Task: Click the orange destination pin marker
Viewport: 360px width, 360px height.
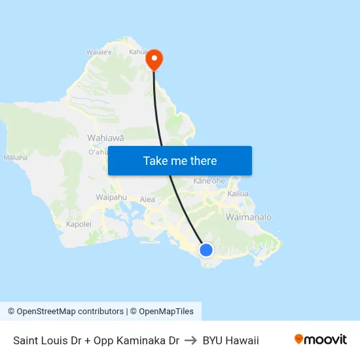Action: point(154,60)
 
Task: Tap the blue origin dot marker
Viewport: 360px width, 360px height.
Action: point(206,249)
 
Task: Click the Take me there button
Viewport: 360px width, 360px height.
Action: point(180,161)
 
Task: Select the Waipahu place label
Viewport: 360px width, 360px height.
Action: point(111,197)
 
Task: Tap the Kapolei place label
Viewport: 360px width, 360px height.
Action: point(79,224)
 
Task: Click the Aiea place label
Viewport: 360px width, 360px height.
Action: point(147,199)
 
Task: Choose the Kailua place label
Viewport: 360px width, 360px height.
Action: point(238,194)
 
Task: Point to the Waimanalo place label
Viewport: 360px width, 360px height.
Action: point(248,217)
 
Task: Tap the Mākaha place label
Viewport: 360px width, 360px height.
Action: point(15,158)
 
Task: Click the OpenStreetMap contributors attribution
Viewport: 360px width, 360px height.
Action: point(69,312)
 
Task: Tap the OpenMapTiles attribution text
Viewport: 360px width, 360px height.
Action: point(166,312)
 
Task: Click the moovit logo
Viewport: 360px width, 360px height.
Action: point(321,340)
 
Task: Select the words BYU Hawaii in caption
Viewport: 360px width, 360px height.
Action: point(230,340)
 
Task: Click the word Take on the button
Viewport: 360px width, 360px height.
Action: point(155,161)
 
